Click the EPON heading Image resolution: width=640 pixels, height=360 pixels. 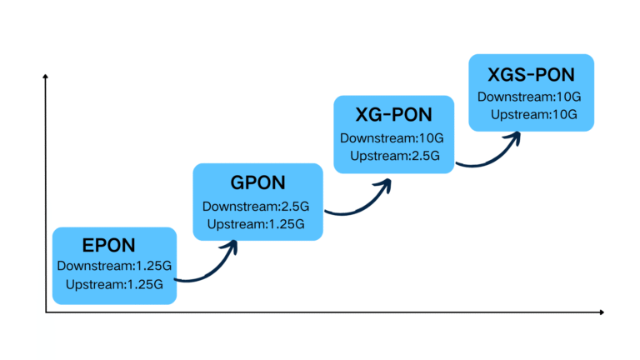[x=108, y=245]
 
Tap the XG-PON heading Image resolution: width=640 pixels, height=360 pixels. [x=392, y=115]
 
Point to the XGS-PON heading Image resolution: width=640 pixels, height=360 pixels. [x=531, y=74]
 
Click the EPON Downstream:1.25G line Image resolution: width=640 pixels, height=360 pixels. [x=114, y=267]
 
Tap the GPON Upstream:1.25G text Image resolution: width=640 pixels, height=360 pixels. [x=256, y=223]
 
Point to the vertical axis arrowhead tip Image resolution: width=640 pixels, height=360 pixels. [x=46, y=76]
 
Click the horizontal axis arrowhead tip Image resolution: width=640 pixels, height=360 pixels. [x=602, y=312]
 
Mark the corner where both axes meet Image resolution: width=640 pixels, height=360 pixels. [x=46, y=312]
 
